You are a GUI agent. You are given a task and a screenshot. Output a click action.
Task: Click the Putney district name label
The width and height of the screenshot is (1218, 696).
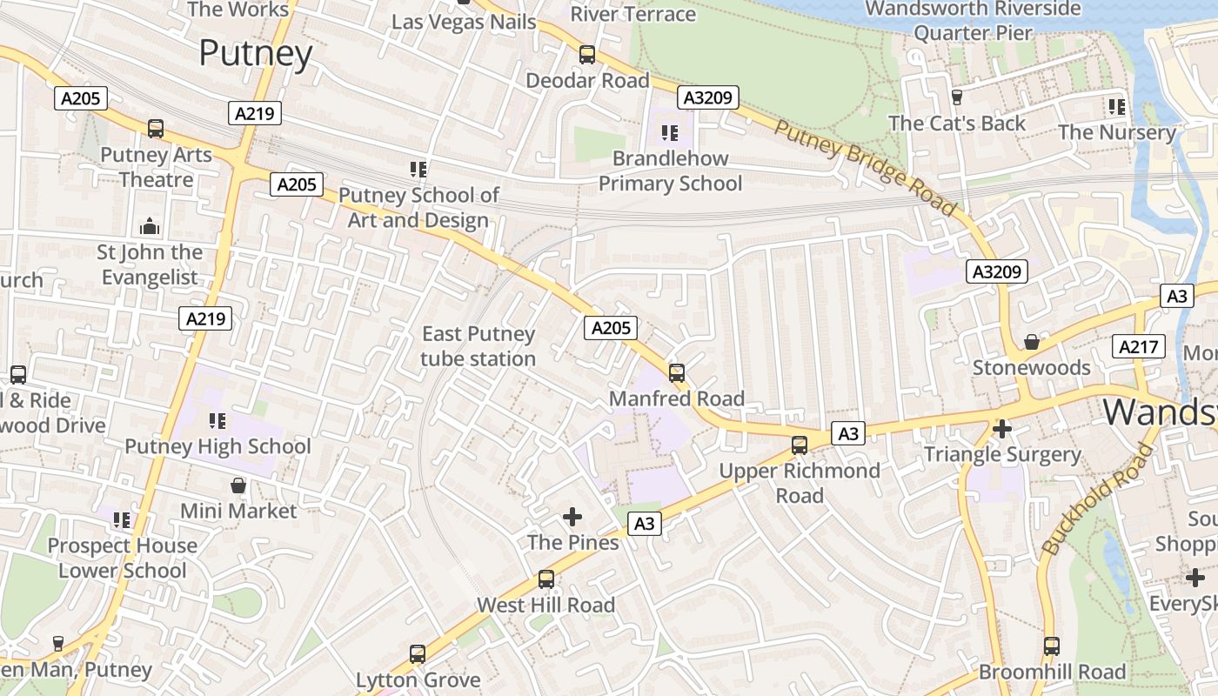pyautogui.click(x=255, y=53)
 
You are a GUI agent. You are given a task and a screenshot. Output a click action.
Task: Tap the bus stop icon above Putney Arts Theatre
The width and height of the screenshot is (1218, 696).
pyautogui.click(x=156, y=129)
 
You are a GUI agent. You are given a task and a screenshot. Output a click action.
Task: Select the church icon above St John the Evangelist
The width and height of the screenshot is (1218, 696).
pyautogui.click(x=150, y=227)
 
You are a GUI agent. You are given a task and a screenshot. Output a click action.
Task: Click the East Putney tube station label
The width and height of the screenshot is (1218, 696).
pyautogui.click(x=478, y=346)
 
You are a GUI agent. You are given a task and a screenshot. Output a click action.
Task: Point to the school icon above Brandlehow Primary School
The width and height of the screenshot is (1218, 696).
pyautogui.click(x=670, y=133)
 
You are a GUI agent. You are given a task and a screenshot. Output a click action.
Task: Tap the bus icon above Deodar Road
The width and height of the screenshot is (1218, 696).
pyautogui.click(x=587, y=55)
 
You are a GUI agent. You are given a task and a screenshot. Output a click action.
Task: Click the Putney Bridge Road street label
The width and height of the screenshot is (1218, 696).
pyautogui.click(x=865, y=169)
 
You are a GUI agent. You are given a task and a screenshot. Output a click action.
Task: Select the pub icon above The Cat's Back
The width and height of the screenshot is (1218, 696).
pyautogui.click(x=957, y=97)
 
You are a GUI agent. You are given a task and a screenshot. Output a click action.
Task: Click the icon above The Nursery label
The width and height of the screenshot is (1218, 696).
pyautogui.click(x=1117, y=107)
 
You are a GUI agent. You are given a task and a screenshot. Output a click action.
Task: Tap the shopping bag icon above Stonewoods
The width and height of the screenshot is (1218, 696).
pyautogui.click(x=1031, y=342)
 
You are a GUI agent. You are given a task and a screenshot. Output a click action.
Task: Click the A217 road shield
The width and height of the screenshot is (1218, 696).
pyautogui.click(x=1139, y=347)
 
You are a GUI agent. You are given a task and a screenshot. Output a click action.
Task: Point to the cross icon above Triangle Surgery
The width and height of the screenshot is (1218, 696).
pyautogui.click(x=1002, y=428)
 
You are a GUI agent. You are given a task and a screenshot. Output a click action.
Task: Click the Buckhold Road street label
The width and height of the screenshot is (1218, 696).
pyautogui.click(x=1098, y=499)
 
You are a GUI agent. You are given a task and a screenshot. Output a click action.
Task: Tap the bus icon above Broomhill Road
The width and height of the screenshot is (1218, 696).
pyautogui.click(x=1052, y=646)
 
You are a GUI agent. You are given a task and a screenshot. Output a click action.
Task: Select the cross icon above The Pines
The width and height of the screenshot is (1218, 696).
pyautogui.click(x=572, y=517)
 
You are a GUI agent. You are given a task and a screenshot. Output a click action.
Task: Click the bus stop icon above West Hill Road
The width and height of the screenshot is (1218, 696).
pyautogui.click(x=545, y=579)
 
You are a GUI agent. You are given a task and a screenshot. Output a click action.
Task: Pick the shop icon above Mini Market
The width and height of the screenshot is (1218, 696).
pyautogui.click(x=238, y=485)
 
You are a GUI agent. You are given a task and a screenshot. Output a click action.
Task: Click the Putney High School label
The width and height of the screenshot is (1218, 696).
pyautogui.click(x=217, y=446)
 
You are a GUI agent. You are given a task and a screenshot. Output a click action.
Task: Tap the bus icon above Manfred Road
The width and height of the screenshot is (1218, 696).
pyautogui.click(x=677, y=373)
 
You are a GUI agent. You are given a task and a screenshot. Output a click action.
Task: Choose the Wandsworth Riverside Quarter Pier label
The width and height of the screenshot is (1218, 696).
pyautogui.click(x=974, y=21)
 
